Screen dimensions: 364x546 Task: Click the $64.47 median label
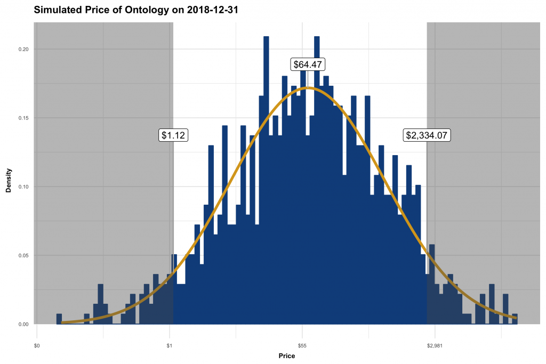pos(308,64)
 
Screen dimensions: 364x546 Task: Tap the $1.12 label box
pos(173,135)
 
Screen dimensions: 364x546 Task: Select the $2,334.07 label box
pos(428,135)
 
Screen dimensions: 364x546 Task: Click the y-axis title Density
pos(9,180)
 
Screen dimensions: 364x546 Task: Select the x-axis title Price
pos(286,356)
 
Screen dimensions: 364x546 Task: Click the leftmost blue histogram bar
pos(59,319)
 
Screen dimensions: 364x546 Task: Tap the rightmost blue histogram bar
pos(515,319)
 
